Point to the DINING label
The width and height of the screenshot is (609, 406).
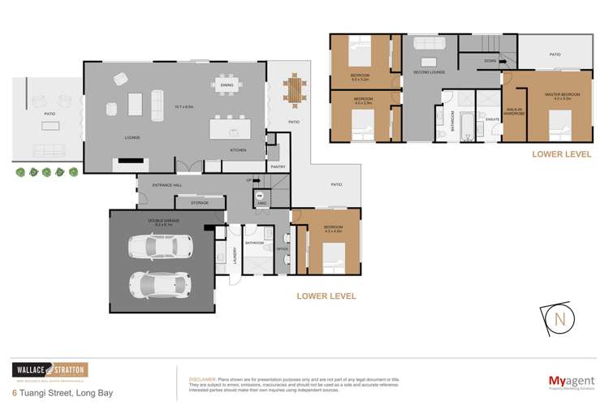(x=227, y=84)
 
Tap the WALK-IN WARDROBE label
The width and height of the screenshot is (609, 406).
(x=514, y=110)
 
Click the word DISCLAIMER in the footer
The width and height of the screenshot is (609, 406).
(x=202, y=378)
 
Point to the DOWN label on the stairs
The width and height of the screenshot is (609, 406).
(x=490, y=61)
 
